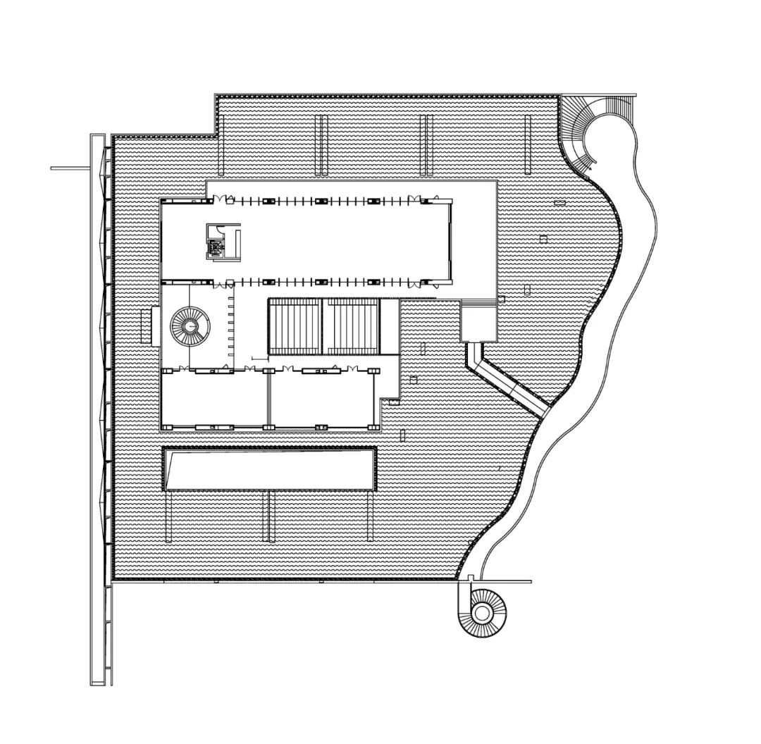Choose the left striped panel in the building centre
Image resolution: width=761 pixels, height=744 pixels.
click(295, 327)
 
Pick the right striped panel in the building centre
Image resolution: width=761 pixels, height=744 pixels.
click(350, 327)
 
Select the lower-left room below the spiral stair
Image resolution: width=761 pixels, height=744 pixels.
click(214, 398)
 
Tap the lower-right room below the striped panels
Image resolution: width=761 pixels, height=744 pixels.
click(323, 398)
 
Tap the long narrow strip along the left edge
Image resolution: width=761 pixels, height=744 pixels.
click(97, 409)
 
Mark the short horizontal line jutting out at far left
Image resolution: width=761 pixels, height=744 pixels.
click(70, 168)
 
